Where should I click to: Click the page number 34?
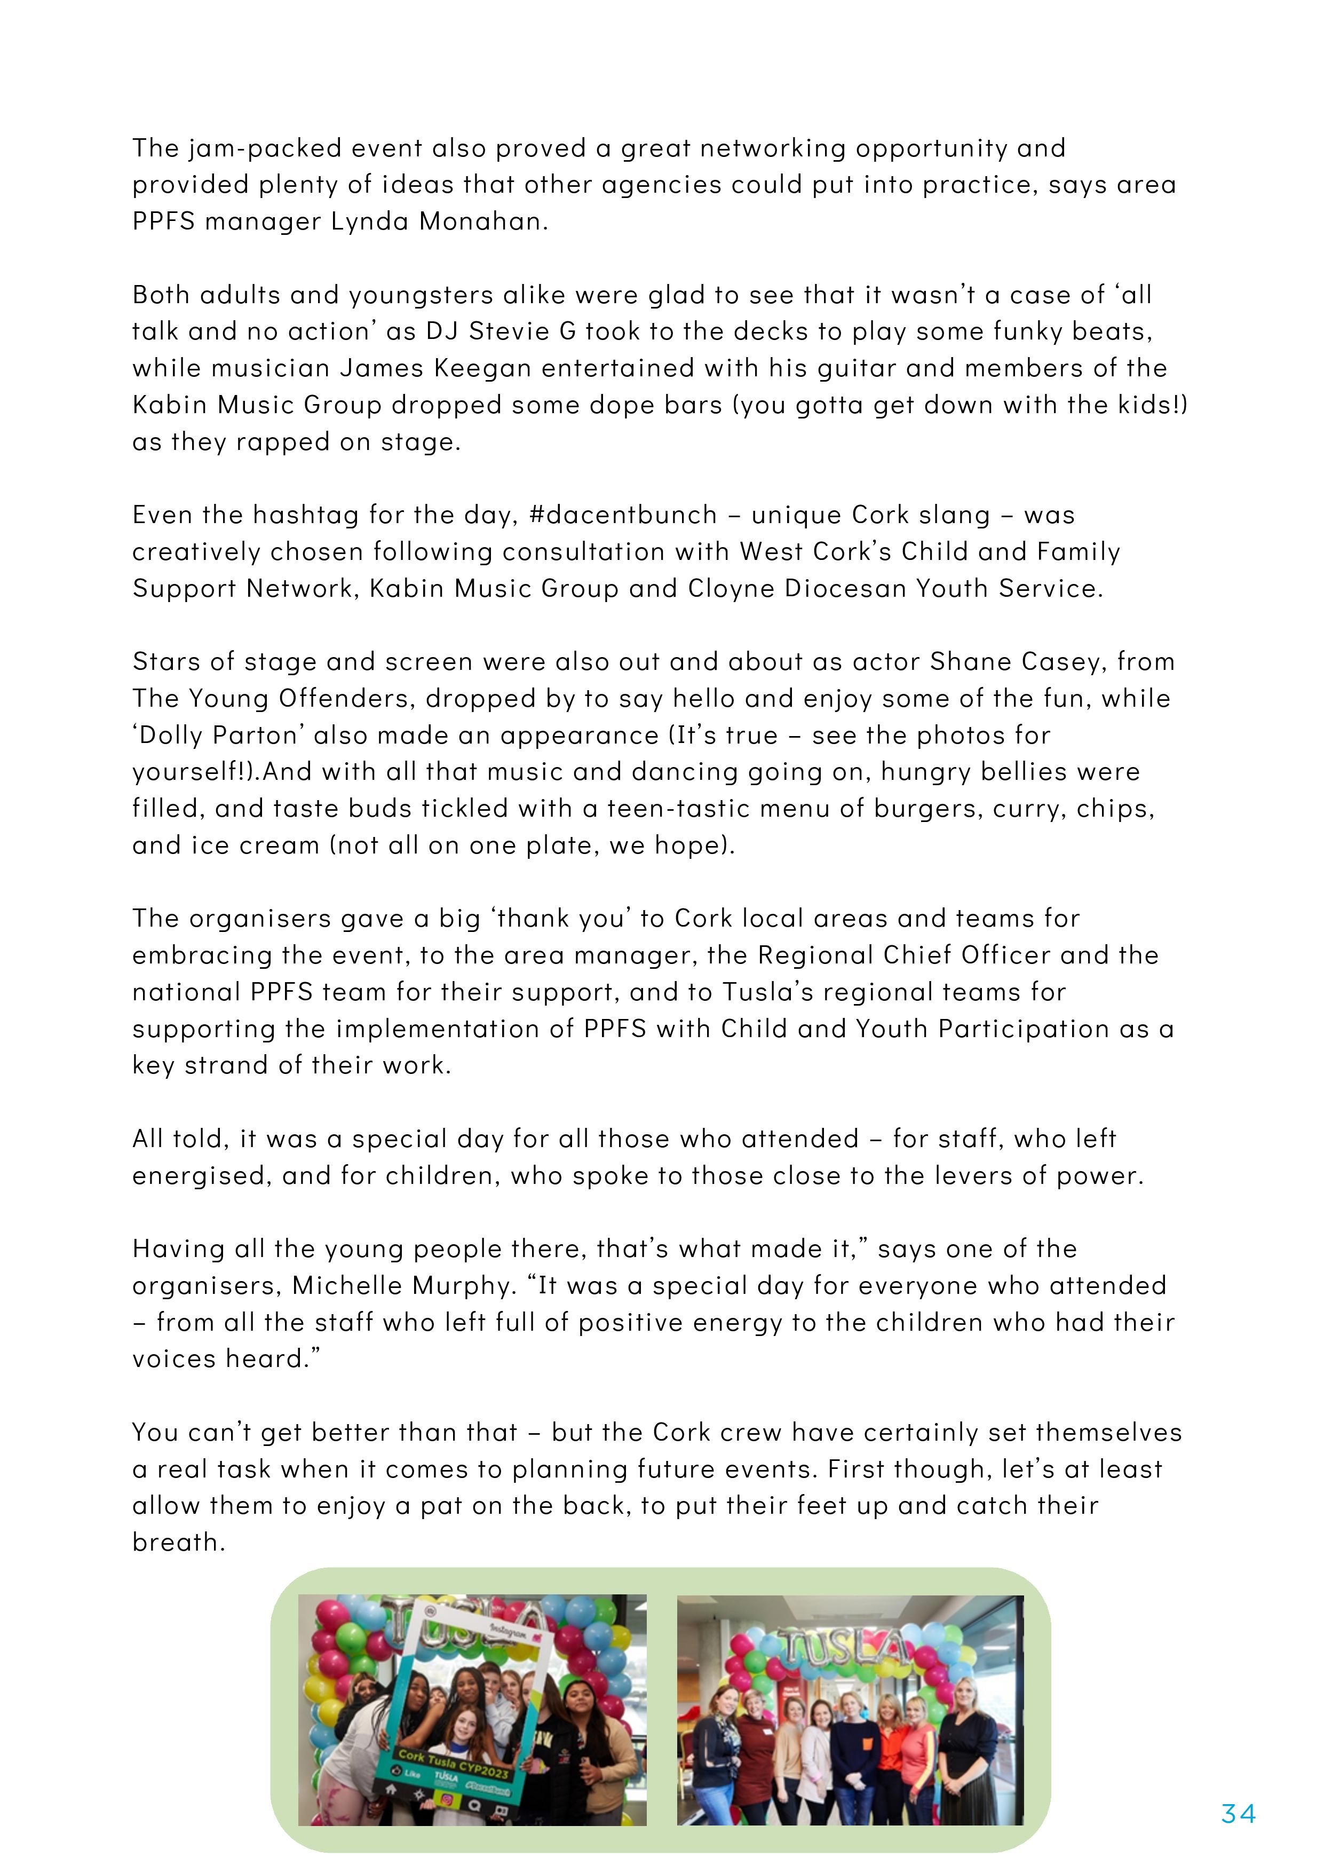coord(1238,1813)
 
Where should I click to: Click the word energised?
coord(202,1175)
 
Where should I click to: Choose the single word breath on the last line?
coord(178,1543)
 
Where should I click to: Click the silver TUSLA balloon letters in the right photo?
coord(842,1649)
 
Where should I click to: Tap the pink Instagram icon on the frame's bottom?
coord(447,1799)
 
